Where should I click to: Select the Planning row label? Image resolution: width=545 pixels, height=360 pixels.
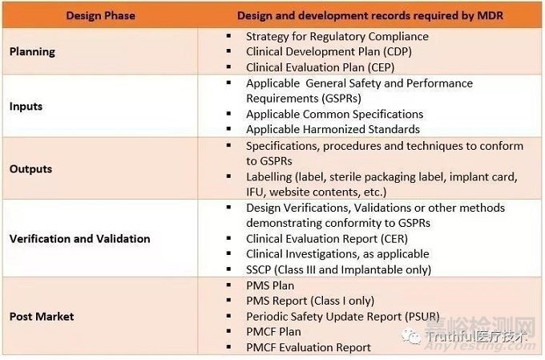[x=32, y=51]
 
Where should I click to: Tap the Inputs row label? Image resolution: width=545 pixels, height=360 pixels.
[x=26, y=106]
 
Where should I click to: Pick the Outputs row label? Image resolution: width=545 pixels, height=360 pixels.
[x=30, y=169]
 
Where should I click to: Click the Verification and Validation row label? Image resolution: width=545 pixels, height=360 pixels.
[x=79, y=238]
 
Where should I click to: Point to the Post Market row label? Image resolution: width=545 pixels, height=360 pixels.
[x=41, y=316]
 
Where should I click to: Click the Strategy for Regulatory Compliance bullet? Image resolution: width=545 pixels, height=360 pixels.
[x=337, y=36]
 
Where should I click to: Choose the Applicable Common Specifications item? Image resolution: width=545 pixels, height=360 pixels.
[x=334, y=114]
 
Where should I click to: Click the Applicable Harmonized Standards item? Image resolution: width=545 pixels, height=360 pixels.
[x=333, y=129]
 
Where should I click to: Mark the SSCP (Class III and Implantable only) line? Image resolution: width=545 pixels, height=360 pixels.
[x=338, y=269]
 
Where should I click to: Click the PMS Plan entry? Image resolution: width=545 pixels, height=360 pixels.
[x=270, y=285]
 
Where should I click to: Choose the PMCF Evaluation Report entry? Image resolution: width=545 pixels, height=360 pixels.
[x=309, y=347]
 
